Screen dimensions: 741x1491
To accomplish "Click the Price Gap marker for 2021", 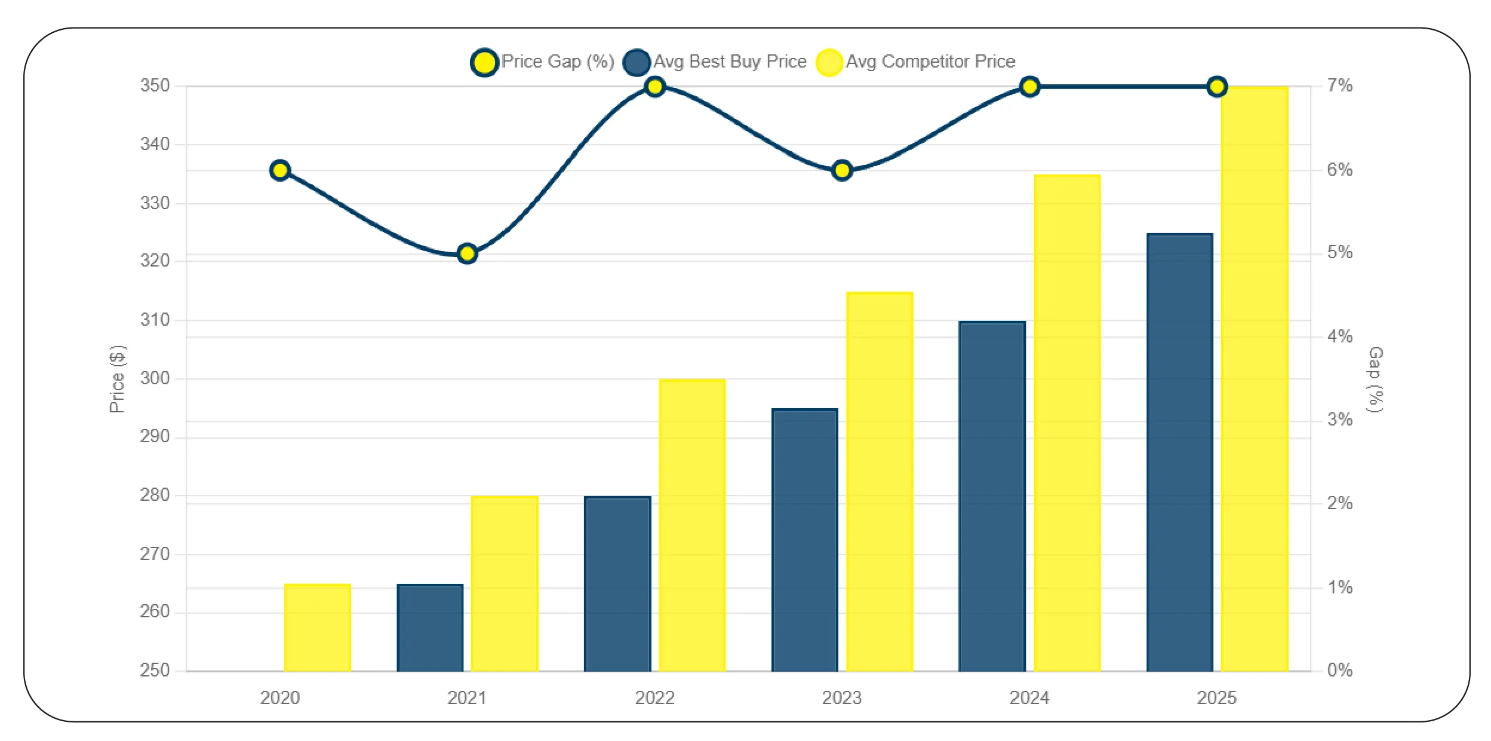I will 467,254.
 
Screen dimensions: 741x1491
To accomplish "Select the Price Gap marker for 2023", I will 842,171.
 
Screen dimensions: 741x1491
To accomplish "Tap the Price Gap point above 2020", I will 280,171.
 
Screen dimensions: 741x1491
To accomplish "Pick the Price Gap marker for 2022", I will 655,87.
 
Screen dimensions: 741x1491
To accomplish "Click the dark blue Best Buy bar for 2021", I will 430,627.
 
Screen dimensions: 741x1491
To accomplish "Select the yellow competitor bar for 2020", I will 318,627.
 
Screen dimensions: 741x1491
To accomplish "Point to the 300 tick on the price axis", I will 155,378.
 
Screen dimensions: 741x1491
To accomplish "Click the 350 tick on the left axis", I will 155,85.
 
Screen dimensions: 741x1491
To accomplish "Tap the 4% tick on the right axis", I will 1339,336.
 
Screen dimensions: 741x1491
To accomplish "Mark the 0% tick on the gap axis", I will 1339,670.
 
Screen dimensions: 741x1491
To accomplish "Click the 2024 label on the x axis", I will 1029,697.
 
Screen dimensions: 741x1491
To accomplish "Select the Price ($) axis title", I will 117,379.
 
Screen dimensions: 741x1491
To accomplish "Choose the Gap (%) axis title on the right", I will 1375,379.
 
